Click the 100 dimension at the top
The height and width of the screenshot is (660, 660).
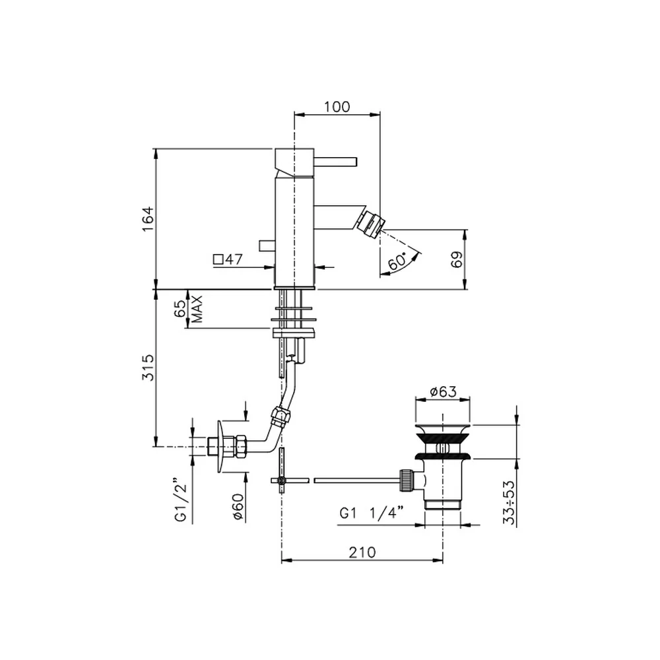point(337,106)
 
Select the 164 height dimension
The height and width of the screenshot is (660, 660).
point(148,219)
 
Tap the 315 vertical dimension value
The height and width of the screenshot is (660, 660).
point(148,368)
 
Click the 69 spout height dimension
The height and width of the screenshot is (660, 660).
point(457,259)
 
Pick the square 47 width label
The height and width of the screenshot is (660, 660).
point(228,259)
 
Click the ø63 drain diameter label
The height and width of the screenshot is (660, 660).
point(444,391)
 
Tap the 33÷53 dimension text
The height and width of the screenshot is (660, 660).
point(510,502)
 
